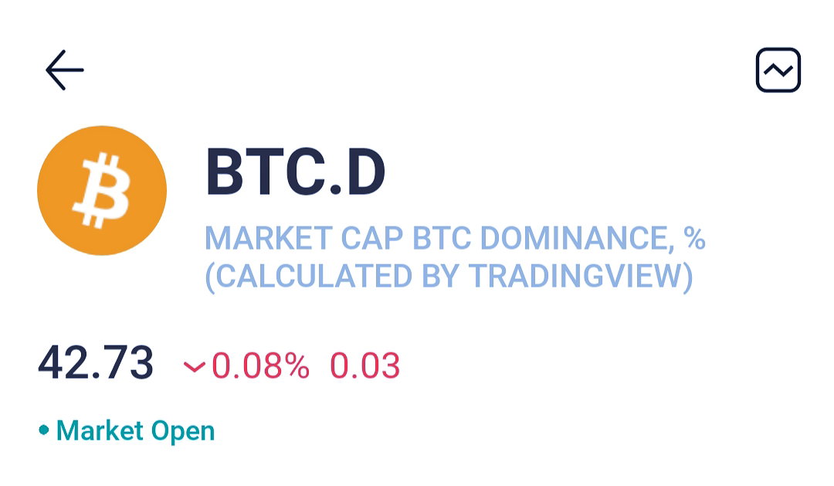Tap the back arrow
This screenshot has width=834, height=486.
click(x=64, y=70)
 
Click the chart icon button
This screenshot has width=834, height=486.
click(x=778, y=70)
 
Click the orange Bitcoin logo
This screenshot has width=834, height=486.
click(x=102, y=191)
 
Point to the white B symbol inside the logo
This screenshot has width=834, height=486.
click(x=102, y=191)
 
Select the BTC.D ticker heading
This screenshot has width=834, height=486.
click(x=295, y=172)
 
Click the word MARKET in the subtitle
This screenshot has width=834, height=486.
click(x=269, y=238)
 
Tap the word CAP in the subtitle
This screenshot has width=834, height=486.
click(x=371, y=238)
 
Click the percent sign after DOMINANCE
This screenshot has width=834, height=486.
click(x=695, y=238)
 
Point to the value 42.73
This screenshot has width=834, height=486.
click(x=96, y=362)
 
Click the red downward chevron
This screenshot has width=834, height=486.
click(x=194, y=366)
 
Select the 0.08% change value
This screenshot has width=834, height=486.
click(x=261, y=365)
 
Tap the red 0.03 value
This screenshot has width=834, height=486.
click(x=364, y=365)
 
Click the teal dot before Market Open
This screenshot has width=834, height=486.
click(x=44, y=430)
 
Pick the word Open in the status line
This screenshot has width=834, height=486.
click(x=183, y=430)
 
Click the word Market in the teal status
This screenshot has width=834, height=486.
click(x=100, y=430)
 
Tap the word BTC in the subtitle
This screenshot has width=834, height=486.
click(x=442, y=238)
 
